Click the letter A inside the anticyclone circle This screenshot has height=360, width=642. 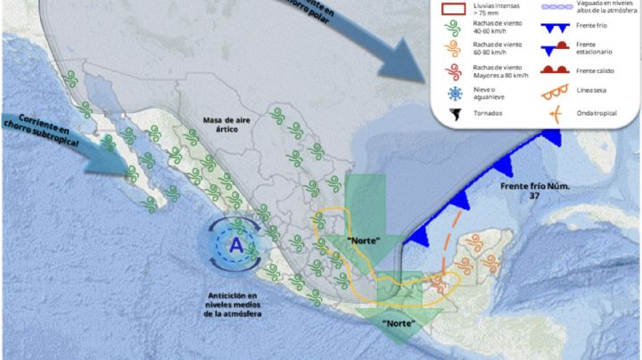(235, 245)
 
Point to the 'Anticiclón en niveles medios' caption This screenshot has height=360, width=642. (238, 304)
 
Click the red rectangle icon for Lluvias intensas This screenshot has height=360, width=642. (454, 12)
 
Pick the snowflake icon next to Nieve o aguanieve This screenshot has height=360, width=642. (454, 92)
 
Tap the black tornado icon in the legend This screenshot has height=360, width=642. (454, 113)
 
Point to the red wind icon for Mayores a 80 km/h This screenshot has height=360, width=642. (454, 70)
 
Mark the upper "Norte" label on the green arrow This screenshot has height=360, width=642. (363, 241)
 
